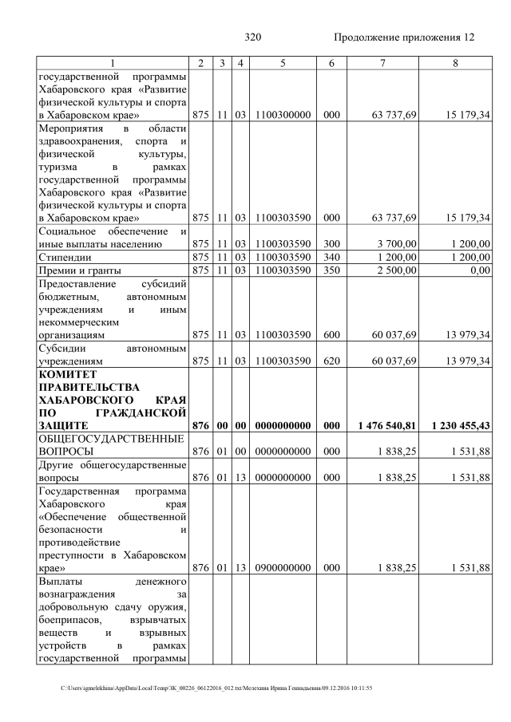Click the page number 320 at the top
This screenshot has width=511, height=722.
[x=253, y=37]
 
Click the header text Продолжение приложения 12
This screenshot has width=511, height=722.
[x=403, y=37]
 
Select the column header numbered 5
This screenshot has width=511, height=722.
[x=283, y=63]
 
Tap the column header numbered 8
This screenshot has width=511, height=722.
[x=454, y=63]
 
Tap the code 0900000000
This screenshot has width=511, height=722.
[x=283, y=568]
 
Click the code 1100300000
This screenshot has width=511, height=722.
[x=283, y=116]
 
